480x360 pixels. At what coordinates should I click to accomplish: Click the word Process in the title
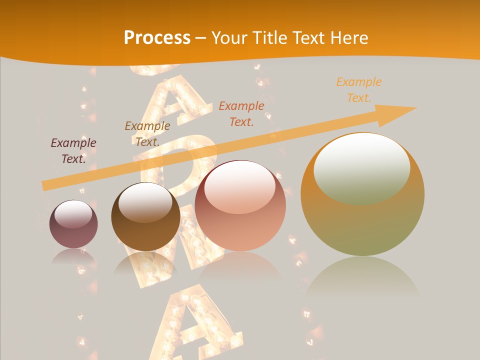point(157,38)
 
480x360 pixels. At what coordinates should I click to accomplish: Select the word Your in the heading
point(230,38)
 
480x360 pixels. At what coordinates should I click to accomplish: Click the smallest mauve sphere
point(73,224)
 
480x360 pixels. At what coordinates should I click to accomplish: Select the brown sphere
point(145,216)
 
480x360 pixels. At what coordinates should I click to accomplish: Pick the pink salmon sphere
point(240,205)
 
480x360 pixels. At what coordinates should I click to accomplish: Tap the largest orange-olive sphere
point(362,194)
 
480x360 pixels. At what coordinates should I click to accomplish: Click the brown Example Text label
point(147,134)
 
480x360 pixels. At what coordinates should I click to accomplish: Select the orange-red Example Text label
point(241,113)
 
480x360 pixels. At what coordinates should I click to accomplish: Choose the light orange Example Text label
point(359,90)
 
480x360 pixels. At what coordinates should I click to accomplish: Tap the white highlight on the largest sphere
point(362,168)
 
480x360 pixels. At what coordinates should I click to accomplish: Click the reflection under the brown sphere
point(145,263)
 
